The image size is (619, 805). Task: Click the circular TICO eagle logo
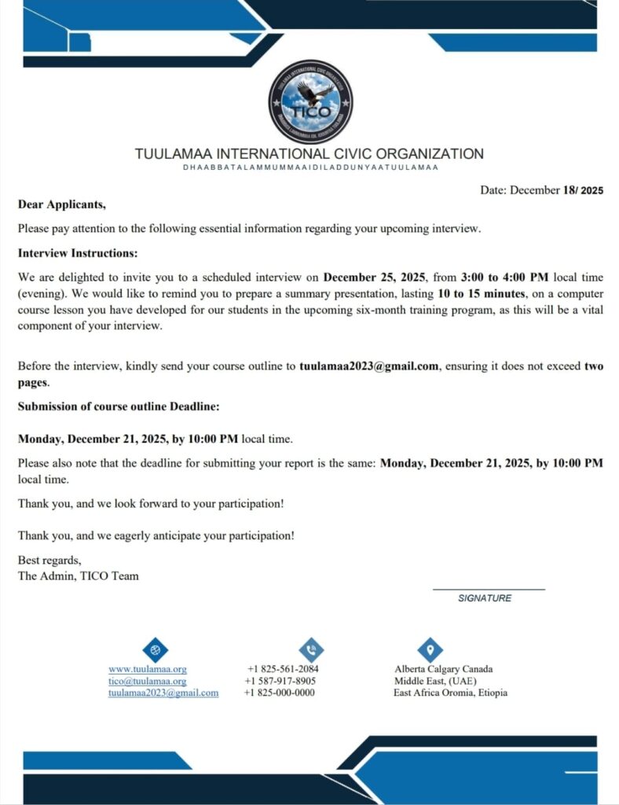310,101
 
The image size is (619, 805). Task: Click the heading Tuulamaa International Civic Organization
309,154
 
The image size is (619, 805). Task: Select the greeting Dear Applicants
61,204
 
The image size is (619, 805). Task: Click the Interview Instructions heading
78,253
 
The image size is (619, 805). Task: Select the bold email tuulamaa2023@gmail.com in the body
368,366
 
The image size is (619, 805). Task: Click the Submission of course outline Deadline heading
118,406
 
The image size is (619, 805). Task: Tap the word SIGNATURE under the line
485,598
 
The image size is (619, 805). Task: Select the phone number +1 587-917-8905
280,681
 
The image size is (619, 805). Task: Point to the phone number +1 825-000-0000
280,693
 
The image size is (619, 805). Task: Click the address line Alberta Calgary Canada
443,669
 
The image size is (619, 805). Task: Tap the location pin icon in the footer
430,649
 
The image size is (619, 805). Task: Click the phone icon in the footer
311,649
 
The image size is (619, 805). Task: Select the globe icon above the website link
156,649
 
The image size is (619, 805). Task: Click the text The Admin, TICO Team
78,575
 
